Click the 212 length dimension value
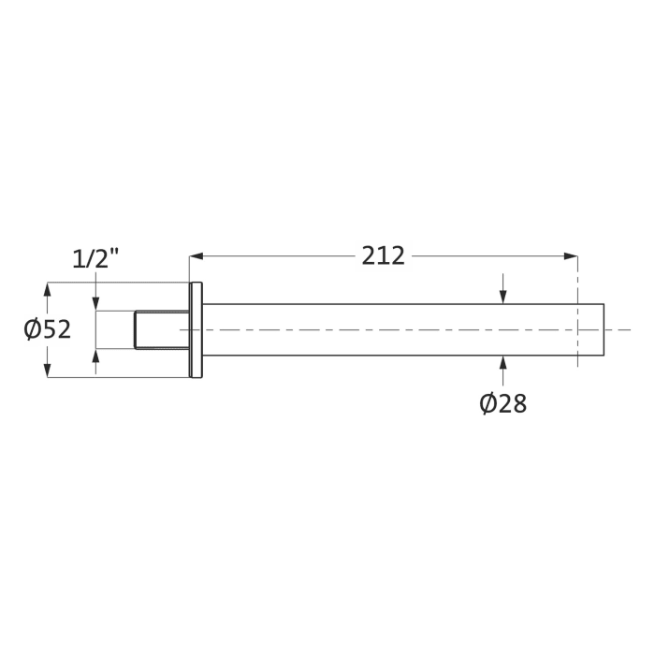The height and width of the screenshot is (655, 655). click(x=384, y=255)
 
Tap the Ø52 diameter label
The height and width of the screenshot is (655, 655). click(x=48, y=329)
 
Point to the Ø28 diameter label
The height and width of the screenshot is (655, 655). click(x=502, y=403)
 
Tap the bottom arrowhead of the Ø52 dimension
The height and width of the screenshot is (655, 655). click(x=48, y=371)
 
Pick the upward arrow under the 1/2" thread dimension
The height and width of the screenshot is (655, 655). click(x=95, y=357)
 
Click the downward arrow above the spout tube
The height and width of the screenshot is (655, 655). click(x=503, y=297)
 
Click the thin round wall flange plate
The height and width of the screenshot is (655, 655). click(x=196, y=329)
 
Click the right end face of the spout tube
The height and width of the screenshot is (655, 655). click(x=604, y=329)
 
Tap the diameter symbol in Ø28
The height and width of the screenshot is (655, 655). click(x=488, y=403)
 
